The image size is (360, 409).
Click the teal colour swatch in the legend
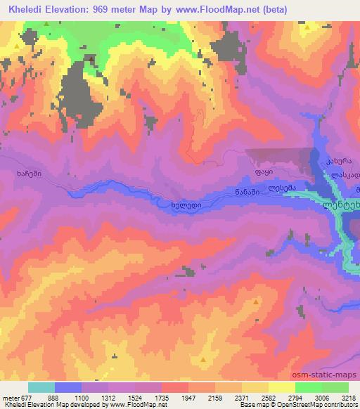41,387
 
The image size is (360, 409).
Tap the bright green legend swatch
309,387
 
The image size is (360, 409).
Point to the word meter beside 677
11,397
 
